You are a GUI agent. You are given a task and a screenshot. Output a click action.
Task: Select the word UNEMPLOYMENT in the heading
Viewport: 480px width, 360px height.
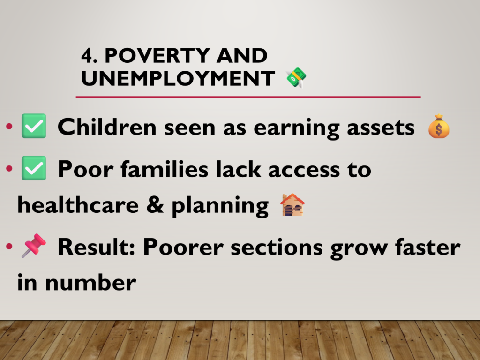coord(178,78)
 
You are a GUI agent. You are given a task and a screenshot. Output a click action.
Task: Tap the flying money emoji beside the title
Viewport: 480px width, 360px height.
coord(296,77)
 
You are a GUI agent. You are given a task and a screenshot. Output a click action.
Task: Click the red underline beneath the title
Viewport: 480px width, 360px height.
coord(248,97)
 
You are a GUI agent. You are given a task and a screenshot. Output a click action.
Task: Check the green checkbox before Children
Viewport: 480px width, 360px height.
coord(34,126)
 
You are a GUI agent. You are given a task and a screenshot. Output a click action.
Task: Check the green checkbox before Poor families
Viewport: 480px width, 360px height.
coord(34,168)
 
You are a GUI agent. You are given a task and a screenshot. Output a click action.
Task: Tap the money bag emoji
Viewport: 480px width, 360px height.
coord(439,126)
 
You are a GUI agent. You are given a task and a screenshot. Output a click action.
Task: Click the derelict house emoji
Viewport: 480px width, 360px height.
coord(292,204)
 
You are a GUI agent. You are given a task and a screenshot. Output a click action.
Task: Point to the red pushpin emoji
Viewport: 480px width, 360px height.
coord(33,246)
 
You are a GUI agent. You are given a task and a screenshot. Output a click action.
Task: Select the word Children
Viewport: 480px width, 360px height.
coord(107,127)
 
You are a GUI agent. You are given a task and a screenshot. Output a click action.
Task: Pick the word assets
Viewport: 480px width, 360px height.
coord(381,128)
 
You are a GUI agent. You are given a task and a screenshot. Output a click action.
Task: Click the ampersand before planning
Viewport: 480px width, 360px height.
coord(155,204)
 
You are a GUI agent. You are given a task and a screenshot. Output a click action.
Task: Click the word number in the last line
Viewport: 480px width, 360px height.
coord(90,283)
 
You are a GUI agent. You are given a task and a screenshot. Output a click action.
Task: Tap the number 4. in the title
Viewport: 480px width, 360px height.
coord(90,56)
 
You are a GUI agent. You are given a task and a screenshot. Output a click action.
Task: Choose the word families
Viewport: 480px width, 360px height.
coord(165,169)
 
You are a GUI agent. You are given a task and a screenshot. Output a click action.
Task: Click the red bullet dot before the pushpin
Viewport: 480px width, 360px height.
coord(9,246)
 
